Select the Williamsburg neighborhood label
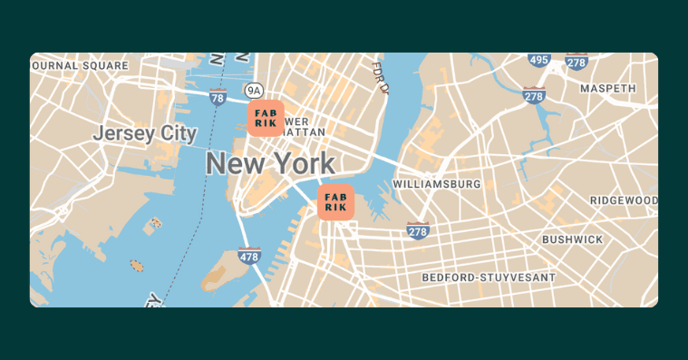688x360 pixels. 436,184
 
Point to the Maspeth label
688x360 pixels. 608,89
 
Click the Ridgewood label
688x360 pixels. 624,199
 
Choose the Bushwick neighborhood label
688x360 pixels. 572,239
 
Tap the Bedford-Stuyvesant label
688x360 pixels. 489,276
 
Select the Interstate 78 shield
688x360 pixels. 217,96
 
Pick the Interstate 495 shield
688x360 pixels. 539,60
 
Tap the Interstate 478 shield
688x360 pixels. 250,256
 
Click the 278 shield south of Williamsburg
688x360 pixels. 417,231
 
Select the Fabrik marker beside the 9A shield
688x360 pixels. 266,118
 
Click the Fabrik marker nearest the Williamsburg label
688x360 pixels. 335,201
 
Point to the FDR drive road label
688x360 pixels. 382,77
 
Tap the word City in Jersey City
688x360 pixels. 178,133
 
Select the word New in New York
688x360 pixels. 230,164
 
